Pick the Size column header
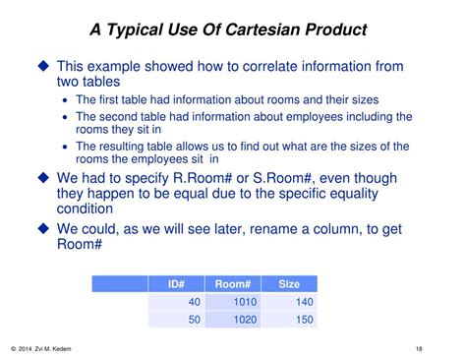pyautogui.click(x=289, y=284)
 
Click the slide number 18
pyautogui.click(x=420, y=348)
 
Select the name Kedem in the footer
pyautogui.click(x=74, y=348)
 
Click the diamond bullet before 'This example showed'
pyautogui.click(x=42, y=66)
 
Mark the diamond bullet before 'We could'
pyautogui.click(x=42, y=228)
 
